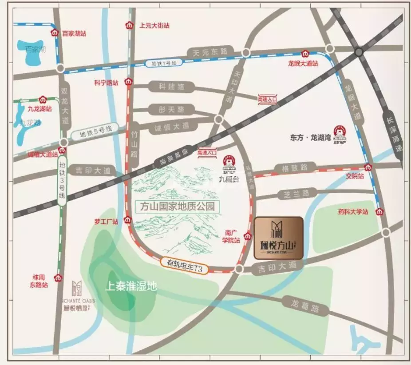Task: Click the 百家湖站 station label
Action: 74,33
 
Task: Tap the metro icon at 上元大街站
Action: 129,25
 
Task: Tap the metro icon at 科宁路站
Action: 128,82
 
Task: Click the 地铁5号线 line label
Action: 96,132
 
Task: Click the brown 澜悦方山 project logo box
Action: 278,238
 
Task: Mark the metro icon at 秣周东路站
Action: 58,278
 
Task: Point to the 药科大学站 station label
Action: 353,212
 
